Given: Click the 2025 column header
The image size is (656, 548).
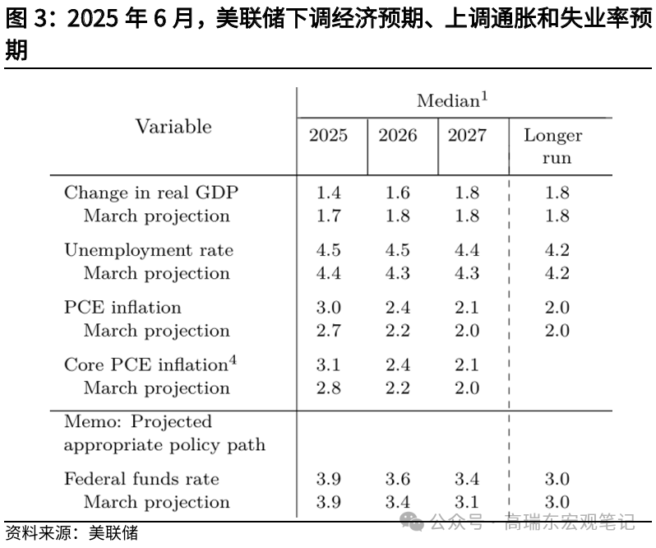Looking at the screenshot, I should tap(328, 136).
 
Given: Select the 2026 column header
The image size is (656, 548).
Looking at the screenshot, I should tap(397, 136).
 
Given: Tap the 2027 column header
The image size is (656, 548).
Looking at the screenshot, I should tap(467, 136).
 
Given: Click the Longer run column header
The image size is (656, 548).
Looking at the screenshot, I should tap(552, 146).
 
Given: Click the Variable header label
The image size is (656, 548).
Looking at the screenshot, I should tap(173, 127).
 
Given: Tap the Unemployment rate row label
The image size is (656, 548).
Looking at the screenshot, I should tap(149, 250).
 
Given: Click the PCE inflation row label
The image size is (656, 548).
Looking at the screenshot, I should tap(122, 307).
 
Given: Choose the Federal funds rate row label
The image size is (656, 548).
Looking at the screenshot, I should tap(141, 479).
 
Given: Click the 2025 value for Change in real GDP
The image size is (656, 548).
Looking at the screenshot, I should tap(328, 193).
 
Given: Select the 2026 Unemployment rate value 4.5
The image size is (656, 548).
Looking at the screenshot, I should tap(397, 250).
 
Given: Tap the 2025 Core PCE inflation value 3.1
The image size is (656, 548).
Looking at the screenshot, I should tap(328, 365).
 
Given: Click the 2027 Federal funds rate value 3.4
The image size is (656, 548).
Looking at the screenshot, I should tap(467, 479).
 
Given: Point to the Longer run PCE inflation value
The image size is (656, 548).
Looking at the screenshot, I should tap(557, 307).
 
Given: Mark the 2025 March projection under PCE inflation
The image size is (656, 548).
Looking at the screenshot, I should tap(328, 331).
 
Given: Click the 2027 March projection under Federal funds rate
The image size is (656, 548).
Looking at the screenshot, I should tap(467, 502).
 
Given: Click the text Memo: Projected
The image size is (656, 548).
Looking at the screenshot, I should tap(138, 422).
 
